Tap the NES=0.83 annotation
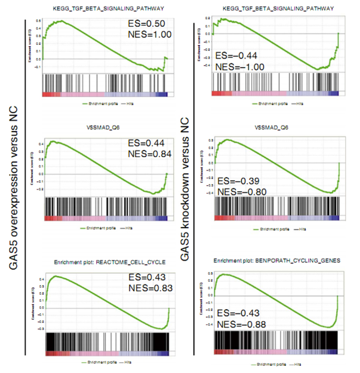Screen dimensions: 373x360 150,289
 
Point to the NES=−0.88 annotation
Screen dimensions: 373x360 243,325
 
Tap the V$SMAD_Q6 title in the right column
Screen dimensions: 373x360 277,128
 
